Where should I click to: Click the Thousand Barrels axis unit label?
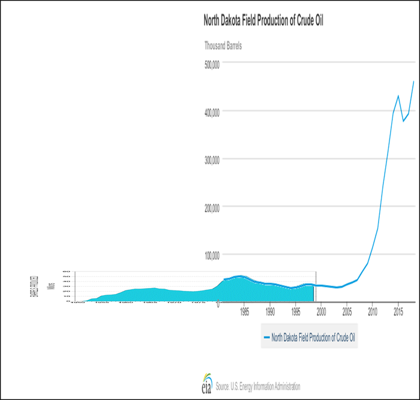tap(223, 46)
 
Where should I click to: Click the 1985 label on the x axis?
tap(245, 311)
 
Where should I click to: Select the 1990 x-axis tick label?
tap(270, 311)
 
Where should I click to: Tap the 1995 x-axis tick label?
tap(296, 311)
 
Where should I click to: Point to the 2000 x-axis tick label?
tap(321, 311)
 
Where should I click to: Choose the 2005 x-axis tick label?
tap(347, 311)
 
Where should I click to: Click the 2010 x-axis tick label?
tap(373, 311)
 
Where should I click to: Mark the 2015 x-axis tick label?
tap(398, 311)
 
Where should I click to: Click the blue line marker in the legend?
tap(266, 337)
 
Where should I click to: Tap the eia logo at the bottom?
tap(206, 384)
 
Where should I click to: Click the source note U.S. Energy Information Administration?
tap(257, 386)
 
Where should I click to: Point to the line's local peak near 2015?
tap(398, 96)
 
